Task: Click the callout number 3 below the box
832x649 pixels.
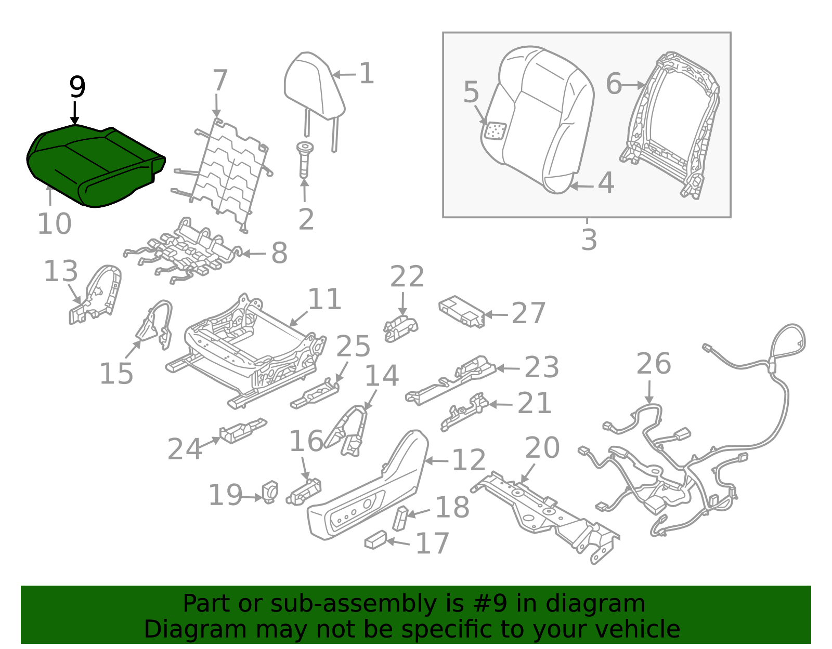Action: coord(589,240)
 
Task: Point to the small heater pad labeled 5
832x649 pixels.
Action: coord(495,131)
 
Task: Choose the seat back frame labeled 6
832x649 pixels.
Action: coord(671,125)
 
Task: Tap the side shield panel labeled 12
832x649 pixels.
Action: coord(369,494)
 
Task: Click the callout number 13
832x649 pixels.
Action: coord(60,271)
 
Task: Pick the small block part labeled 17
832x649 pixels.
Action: coord(375,540)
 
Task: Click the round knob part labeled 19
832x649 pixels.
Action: coord(270,491)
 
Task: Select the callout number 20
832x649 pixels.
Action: coord(542,448)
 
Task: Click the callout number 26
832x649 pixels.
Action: coord(653,363)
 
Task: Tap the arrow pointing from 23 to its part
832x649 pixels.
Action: coord(509,368)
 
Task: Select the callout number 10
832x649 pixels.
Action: coord(54,224)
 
